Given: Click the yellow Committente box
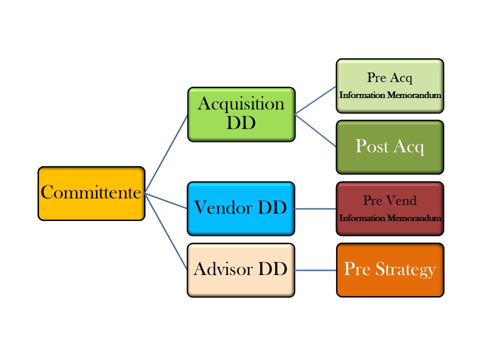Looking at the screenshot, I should tap(91, 193).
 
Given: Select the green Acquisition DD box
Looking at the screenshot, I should tap(241, 114).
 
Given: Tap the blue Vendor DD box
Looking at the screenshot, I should tap(241, 208).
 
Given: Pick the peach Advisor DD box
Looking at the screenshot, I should tap(241, 270).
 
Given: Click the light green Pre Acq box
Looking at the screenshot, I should tap(390, 85).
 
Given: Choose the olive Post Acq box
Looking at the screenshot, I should tap(390, 146).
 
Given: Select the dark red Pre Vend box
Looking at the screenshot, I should tap(390, 208).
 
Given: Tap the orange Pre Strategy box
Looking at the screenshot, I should tap(390, 270).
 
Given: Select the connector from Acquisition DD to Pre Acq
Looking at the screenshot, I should tap(315, 100).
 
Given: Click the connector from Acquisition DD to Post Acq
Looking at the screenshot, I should tap(315, 130).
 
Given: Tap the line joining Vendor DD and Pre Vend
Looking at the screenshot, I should tap(315, 208).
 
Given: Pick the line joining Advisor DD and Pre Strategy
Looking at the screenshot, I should tap(315, 270).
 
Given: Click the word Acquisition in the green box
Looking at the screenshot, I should tap(241, 104).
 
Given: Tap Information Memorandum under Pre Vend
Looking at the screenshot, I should tap(390, 218).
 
